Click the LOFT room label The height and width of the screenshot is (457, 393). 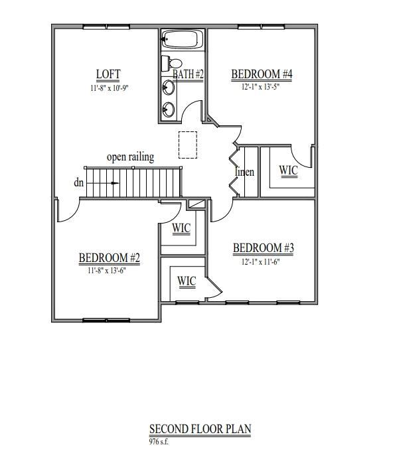pos(108,74)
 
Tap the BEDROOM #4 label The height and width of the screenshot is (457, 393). pos(262,74)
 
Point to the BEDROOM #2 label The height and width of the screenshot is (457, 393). pos(109,257)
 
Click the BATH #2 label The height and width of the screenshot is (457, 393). pos(189,74)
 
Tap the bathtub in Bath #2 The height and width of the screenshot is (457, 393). pos(182,40)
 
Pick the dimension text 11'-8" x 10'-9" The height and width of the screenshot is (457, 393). pos(108,87)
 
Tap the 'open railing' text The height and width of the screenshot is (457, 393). pos(130,157)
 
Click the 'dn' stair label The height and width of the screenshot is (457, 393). pos(79,182)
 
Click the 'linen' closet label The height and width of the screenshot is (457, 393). pos(245,172)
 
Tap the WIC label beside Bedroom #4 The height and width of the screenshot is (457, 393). pos(288,170)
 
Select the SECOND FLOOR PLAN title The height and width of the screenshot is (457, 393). pos(200,430)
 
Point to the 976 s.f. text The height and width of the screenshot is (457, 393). pos(159,440)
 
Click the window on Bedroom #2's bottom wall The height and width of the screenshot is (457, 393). pos(106,320)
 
